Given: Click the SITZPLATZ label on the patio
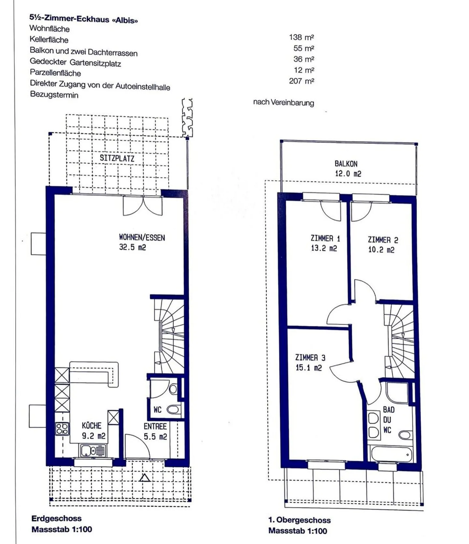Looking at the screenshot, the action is coord(117,158).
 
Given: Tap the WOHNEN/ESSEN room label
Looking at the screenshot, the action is coord(142,238).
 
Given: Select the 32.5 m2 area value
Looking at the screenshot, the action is coord(133,247).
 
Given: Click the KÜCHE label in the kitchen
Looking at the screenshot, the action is coord(92,425).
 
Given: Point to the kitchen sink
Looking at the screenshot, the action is coord(93,451).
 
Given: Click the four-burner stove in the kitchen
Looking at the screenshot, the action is coord(62,428).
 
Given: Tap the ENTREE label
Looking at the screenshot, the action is coord(155,426).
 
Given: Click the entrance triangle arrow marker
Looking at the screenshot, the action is coord(145,478).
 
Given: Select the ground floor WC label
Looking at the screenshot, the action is coord(158,410).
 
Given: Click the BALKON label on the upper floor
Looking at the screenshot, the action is coord(346,164).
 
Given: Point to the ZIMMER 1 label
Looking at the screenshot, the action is coord(325,239).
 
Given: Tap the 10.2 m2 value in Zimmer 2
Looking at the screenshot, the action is coord(381,250).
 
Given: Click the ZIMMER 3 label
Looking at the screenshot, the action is coord(310,358).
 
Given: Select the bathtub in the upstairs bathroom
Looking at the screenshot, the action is coord(391,453).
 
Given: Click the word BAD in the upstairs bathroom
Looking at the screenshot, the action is coord(389,410).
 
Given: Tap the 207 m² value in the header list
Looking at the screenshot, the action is coord(301,81).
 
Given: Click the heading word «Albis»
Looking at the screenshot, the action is coord(125,20).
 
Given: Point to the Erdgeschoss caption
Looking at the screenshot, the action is coord(56,518).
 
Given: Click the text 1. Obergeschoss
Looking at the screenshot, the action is coord(299,520).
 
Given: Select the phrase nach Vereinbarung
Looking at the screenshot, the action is coord(283,103).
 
